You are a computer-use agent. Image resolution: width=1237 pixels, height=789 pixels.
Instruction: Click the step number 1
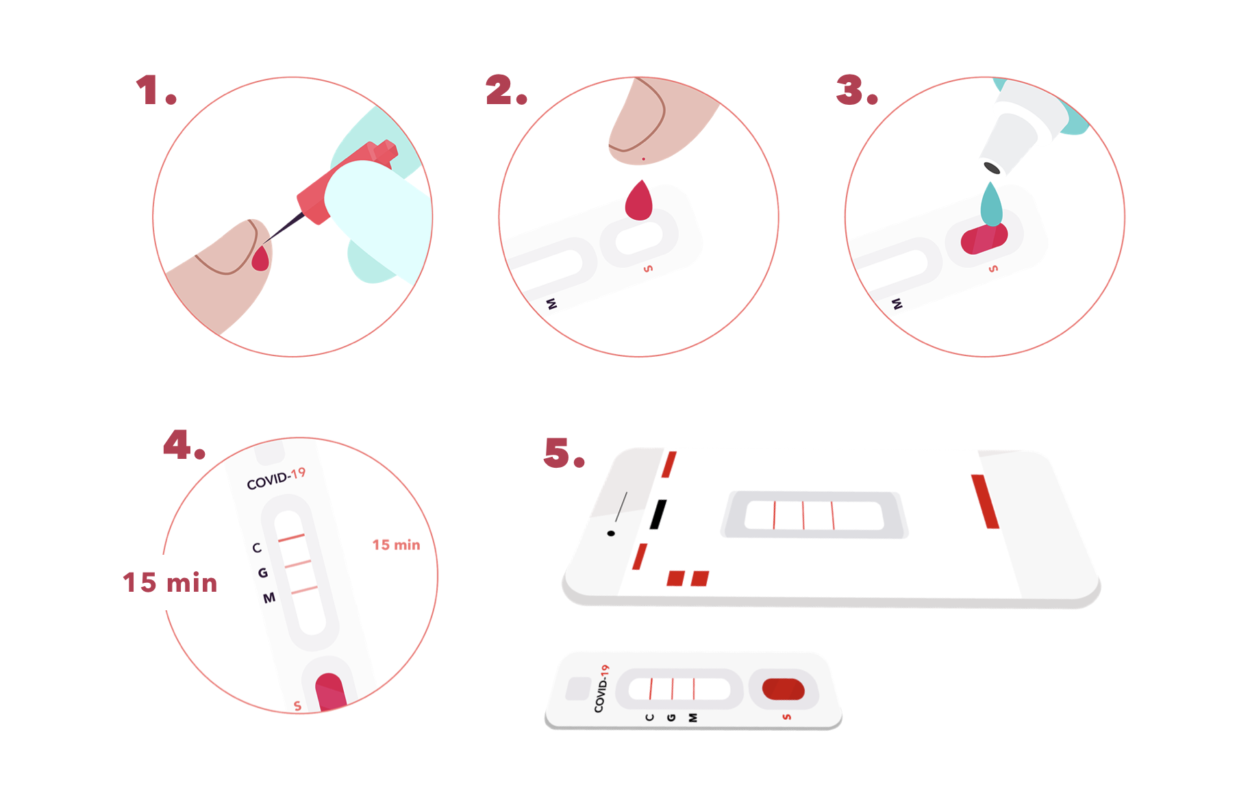(x=156, y=90)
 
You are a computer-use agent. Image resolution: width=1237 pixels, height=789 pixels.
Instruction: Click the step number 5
(x=564, y=453)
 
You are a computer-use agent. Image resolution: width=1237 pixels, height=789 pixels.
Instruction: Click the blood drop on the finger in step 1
(x=260, y=258)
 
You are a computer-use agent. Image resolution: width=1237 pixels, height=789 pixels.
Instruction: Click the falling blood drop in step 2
(x=638, y=200)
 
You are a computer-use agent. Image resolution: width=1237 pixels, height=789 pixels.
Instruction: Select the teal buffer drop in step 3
(x=991, y=203)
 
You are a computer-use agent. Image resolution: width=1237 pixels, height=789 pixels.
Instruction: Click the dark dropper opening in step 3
(x=992, y=168)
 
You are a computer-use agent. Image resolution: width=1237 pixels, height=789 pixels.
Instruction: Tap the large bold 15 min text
(x=170, y=582)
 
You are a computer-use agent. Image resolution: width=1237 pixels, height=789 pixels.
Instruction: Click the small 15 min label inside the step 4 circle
(x=396, y=544)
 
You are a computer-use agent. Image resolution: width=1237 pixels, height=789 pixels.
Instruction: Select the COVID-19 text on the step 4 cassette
(x=276, y=479)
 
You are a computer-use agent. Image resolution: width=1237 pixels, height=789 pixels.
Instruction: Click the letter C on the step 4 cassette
(x=257, y=547)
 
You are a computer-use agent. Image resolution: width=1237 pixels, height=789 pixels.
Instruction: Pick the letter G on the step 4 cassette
(x=262, y=573)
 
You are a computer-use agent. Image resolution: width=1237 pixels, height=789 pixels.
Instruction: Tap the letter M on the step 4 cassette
(x=269, y=598)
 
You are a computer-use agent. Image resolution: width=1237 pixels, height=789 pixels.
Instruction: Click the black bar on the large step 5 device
(x=658, y=514)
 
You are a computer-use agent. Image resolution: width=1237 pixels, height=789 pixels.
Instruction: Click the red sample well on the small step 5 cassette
(x=783, y=689)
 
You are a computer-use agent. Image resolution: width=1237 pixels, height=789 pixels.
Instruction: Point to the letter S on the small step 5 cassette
(x=786, y=716)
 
